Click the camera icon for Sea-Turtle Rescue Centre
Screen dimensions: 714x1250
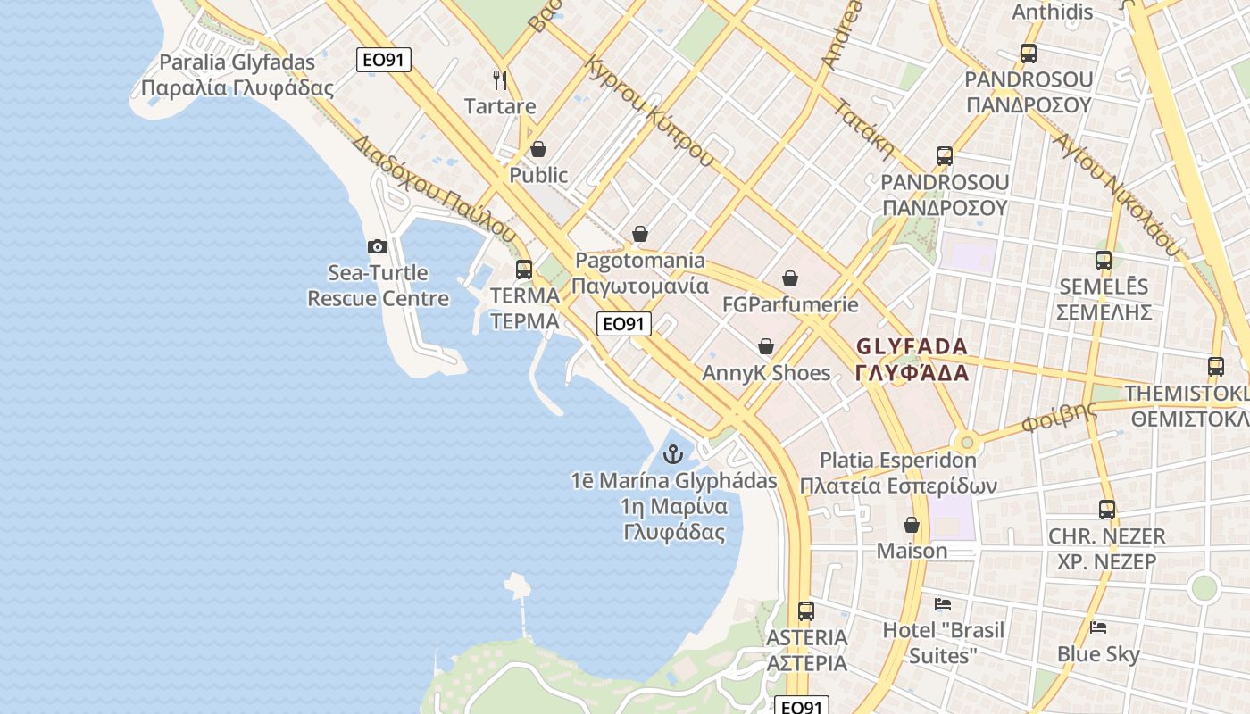(378, 246)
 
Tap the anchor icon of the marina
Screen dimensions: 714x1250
(673, 454)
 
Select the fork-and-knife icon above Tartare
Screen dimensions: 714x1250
(500, 80)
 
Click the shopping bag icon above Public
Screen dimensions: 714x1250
(538, 149)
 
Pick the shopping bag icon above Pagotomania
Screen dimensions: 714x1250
(640, 235)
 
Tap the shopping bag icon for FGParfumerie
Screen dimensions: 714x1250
(790, 278)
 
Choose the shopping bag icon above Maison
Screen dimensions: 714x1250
(912, 525)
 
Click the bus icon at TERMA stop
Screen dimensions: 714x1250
(524, 269)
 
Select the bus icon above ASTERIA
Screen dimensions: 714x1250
(806, 611)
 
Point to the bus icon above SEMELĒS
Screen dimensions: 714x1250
(1104, 261)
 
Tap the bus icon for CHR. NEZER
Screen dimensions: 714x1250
(1107, 510)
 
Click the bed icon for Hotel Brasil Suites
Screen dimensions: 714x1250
(943, 604)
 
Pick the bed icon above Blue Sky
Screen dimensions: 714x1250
(1098, 627)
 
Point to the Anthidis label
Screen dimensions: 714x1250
(1052, 12)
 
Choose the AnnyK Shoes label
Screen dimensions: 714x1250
(766, 373)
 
